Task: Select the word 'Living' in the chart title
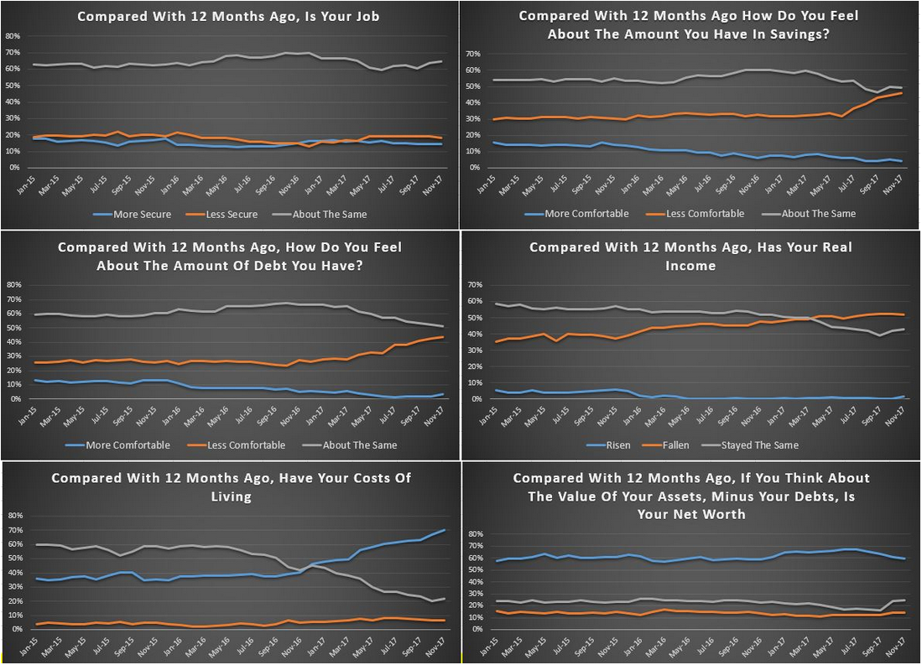pyautogui.click(x=232, y=497)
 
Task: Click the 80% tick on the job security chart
pyautogui.click(x=13, y=37)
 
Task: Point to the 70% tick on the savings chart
pyautogui.click(x=472, y=54)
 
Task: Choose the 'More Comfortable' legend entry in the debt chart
pyautogui.click(x=128, y=445)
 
